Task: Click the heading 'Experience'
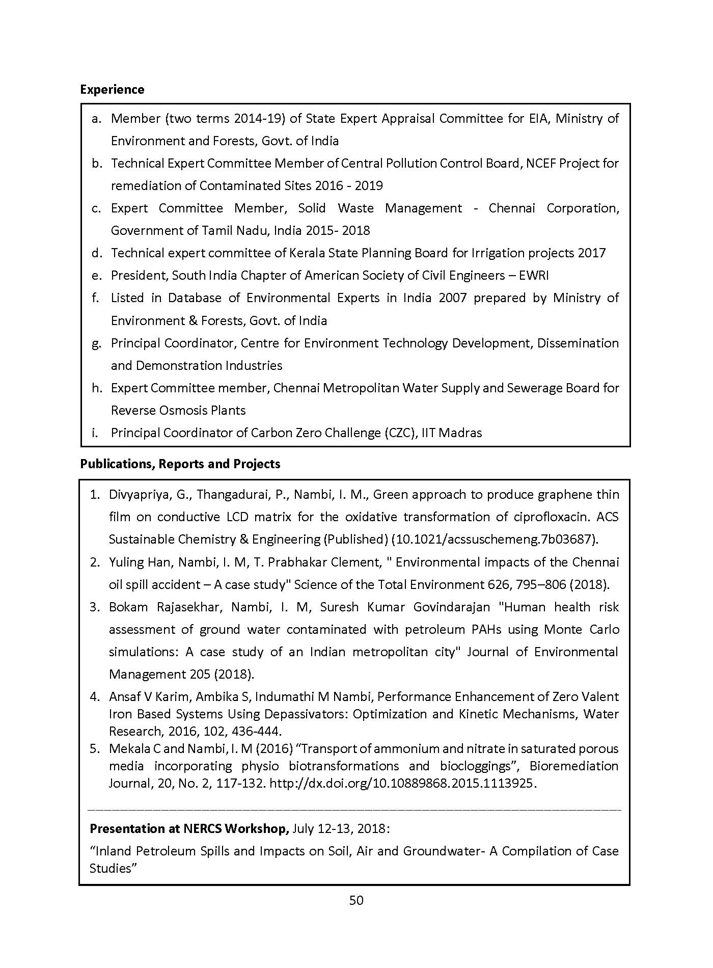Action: tap(112, 90)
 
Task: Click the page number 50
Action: tap(356, 900)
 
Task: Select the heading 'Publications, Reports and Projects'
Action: tap(180, 464)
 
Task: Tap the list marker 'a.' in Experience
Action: tap(96, 119)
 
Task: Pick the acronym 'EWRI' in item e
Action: tap(534, 276)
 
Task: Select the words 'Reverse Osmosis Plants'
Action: tap(178, 411)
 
